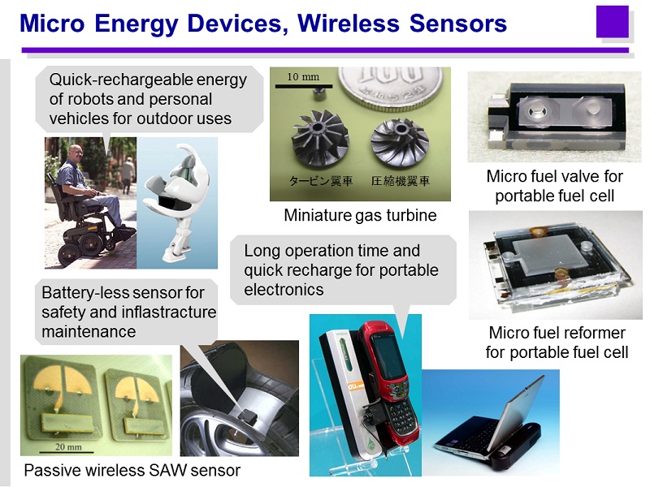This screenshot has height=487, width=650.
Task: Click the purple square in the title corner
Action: (x=613, y=22)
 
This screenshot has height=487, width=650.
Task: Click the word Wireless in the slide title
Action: (x=349, y=23)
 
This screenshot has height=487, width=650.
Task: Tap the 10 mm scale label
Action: (x=303, y=76)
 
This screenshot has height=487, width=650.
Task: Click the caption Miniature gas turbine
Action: (x=360, y=215)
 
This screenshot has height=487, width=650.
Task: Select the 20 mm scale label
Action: (x=68, y=447)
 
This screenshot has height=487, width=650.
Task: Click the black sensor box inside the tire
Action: (x=248, y=415)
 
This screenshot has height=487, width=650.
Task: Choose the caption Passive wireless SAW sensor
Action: (x=132, y=471)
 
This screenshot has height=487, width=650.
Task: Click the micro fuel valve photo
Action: (x=555, y=117)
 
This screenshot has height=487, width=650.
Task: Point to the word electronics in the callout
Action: (x=284, y=290)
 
